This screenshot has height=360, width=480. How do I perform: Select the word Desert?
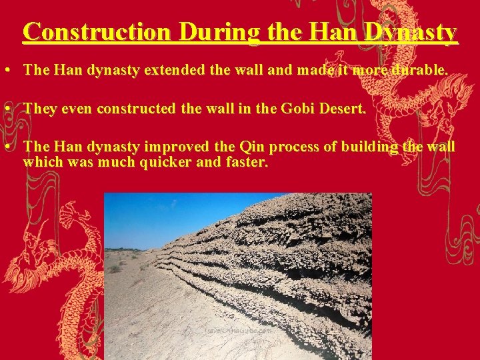pos(343,109)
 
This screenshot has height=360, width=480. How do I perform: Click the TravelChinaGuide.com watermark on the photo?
pos(238,329)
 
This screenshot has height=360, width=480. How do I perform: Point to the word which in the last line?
pos(41,162)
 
